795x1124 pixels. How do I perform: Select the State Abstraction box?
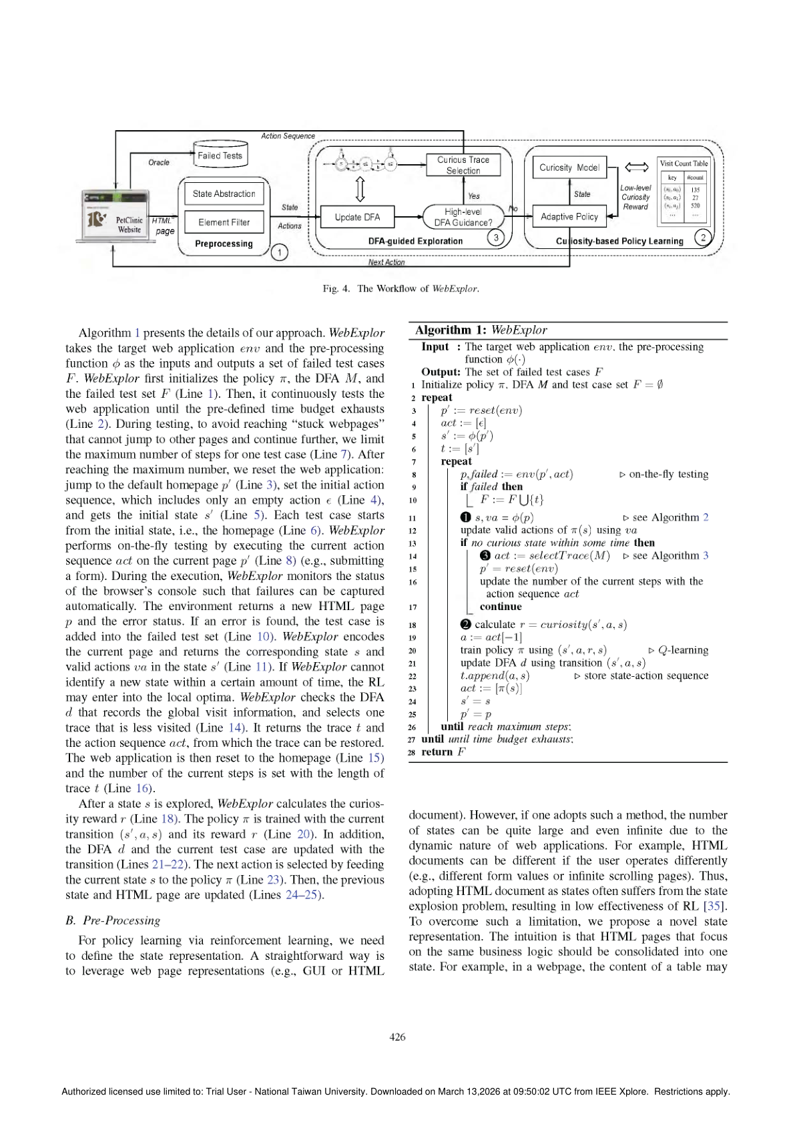click(x=224, y=194)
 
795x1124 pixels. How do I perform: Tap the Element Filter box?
click(x=224, y=222)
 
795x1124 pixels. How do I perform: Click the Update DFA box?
click(x=357, y=217)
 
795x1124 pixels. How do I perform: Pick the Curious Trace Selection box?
click(x=463, y=165)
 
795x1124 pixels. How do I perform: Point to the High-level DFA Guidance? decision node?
click(x=463, y=217)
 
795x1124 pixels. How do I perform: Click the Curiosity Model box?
click(x=569, y=168)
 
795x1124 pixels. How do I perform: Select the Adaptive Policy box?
click(x=569, y=216)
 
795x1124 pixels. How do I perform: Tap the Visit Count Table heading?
click(x=684, y=164)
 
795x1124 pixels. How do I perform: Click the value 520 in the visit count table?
click(x=696, y=206)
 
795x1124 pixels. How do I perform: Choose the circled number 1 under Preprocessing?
click(x=280, y=252)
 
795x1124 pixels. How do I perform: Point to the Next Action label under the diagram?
click(x=386, y=262)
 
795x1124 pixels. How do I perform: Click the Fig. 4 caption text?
click(x=401, y=289)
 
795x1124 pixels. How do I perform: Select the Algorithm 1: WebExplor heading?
click(x=481, y=330)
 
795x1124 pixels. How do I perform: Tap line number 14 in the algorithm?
click(x=413, y=557)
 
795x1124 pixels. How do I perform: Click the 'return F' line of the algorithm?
click(x=443, y=752)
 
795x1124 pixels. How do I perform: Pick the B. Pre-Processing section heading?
click(x=113, y=920)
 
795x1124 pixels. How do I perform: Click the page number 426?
click(x=397, y=1037)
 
